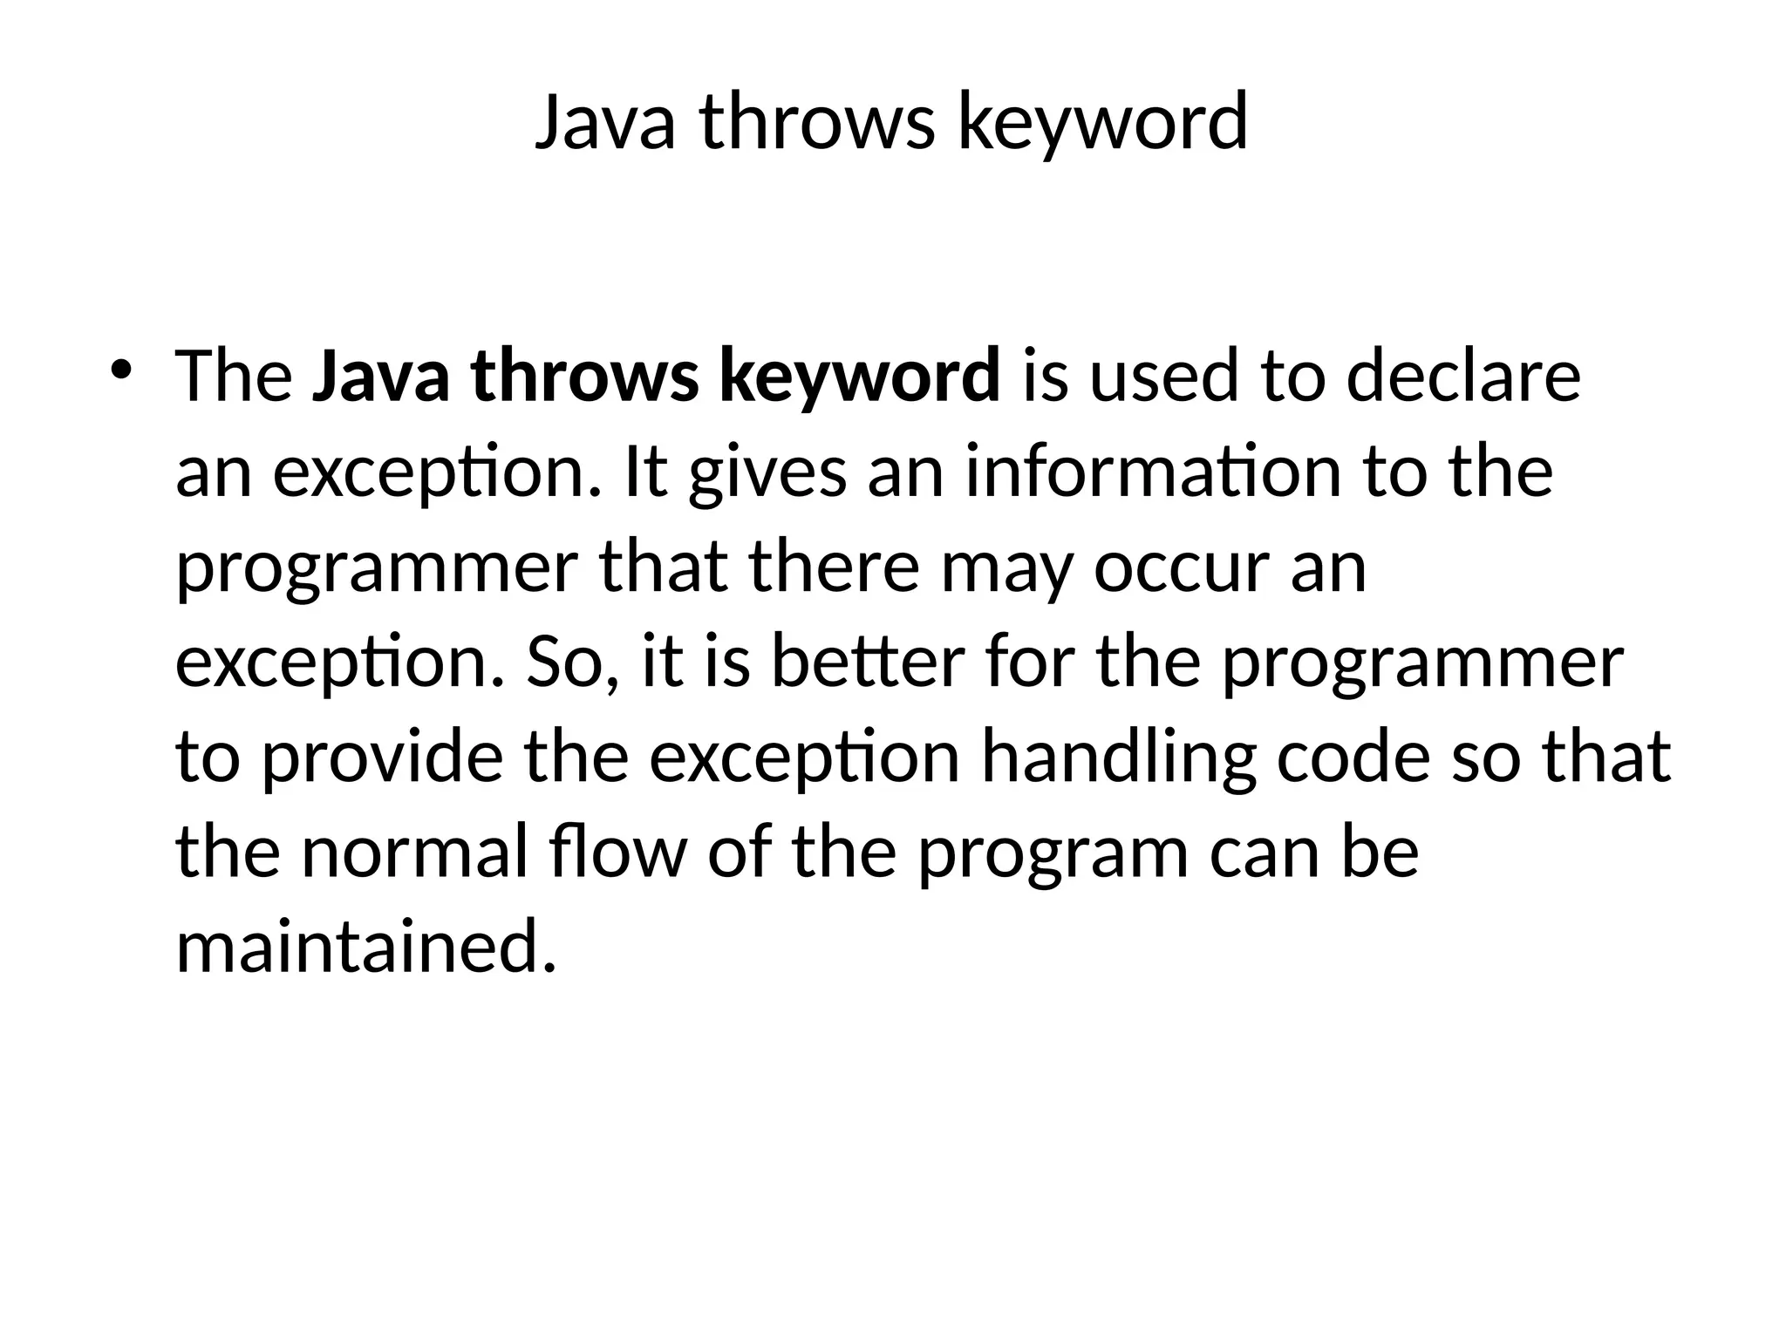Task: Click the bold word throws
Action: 584,377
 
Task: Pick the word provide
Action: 382,757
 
